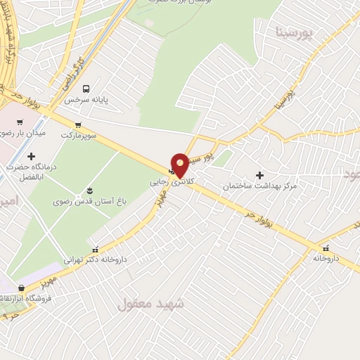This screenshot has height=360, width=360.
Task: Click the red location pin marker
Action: (x=180, y=165)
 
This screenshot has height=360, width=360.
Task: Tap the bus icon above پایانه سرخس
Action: (x=86, y=89)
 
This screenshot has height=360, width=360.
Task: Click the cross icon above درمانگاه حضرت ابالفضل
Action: (x=31, y=156)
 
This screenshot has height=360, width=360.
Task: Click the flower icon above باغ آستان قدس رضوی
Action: (x=89, y=191)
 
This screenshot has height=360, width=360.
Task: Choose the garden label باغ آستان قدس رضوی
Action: (x=89, y=201)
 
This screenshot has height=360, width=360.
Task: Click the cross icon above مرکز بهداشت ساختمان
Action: (x=260, y=175)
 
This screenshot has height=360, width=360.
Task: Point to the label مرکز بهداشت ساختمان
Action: (x=260, y=186)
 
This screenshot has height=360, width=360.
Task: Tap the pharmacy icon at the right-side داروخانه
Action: (x=326, y=247)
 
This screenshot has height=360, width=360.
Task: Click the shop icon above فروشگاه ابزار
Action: (x=22, y=288)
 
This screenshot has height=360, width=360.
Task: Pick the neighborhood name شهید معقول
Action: (x=150, y=304)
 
